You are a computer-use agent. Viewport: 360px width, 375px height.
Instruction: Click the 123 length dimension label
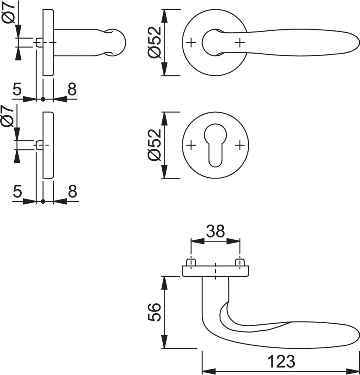(x=281, y=361)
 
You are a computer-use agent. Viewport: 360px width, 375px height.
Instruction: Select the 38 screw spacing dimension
(x=215, y=231)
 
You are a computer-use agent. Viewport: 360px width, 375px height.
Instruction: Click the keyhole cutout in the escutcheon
(x=215, y=145)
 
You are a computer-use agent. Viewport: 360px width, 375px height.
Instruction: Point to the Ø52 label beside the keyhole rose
(x=154, y=145)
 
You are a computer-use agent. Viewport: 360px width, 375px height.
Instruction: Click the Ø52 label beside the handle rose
(x=154, y=43)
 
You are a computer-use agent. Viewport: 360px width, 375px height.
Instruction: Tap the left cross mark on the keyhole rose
(x=191, y=145)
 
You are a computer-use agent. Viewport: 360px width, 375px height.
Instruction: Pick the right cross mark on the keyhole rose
(x=239, y=145)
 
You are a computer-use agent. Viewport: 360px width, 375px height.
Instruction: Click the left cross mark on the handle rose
(x=191, y=43)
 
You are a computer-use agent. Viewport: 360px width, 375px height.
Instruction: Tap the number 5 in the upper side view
(x=17, y=89)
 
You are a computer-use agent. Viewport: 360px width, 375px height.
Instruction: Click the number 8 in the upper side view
(x=72, y=89)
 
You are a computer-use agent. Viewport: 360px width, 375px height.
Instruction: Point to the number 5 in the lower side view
(x=17, y=192)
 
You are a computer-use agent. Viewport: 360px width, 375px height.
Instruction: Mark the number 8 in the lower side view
(x=72, y=192)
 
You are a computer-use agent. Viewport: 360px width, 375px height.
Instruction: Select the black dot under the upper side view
(x=43, y=99)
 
